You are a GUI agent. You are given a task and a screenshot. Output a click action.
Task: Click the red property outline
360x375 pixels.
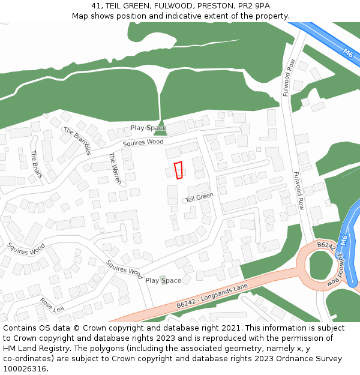click(178, 170)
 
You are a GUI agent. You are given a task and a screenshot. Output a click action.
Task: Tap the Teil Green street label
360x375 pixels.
click(199, 197)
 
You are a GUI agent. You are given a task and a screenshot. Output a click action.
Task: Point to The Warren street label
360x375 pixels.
click(115, 168)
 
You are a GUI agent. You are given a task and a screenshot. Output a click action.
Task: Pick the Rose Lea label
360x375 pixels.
click(52, 305)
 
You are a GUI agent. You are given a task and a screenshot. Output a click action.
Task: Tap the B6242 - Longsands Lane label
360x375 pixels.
click(212, 298)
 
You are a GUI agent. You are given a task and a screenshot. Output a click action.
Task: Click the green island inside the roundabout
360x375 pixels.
click(320, 265)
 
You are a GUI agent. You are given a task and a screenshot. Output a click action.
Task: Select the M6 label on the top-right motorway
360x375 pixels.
click(348, 53)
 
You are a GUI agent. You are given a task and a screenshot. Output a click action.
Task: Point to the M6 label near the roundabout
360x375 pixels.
click(344, 241)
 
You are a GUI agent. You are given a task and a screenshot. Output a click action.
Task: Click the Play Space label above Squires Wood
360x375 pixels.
click(148, 128)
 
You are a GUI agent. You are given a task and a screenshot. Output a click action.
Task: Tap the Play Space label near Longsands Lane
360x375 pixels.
click(163, 280)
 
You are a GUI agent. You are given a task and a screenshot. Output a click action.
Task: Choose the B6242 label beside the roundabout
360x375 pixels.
click(326, 245)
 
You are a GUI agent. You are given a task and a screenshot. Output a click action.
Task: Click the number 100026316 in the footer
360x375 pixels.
click(25, 368)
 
